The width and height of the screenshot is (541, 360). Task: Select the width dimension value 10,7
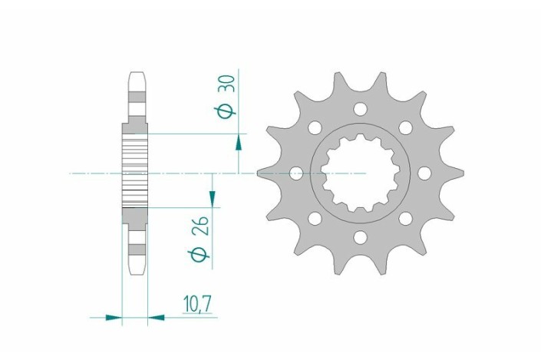[199, 305]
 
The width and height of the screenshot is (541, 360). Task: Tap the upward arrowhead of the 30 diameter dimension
[239, 141]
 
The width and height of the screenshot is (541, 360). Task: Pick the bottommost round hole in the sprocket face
[360, 238]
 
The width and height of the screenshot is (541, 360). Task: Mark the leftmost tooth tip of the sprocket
[259, 173]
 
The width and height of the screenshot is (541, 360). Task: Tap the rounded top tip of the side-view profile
[134, 74]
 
